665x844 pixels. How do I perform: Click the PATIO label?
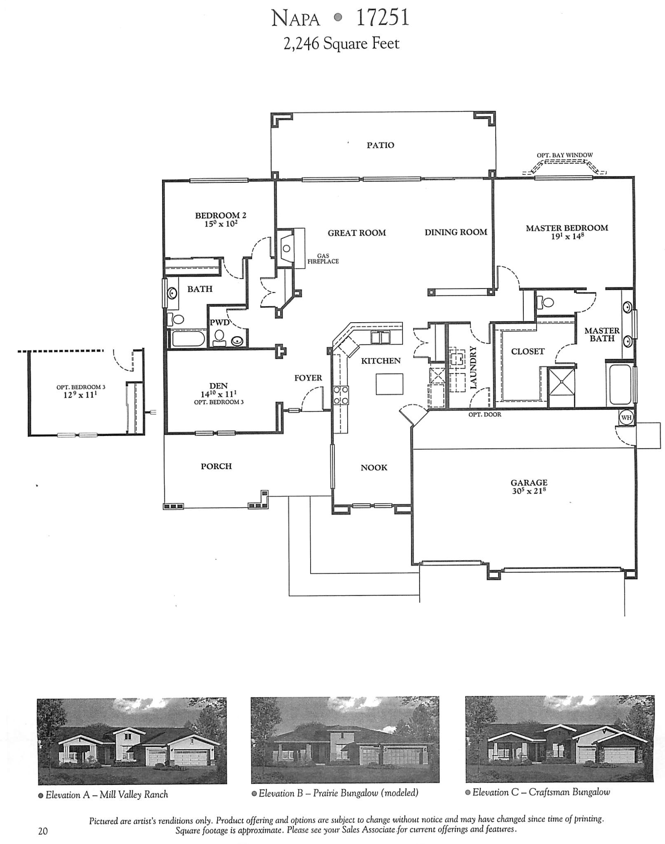coord(380,145)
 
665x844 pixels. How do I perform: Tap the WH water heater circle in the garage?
coord(625,418)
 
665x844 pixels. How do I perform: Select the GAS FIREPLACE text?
coord(323,259)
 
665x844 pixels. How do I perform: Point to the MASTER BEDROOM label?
coord(566,228)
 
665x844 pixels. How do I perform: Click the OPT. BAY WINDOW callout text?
coord(564,155)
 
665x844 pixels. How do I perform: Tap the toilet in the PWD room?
coord(218,338)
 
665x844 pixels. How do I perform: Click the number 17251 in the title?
coord(382,19)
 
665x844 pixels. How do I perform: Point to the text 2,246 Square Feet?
coord(341,44)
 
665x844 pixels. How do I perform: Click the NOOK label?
coord(374,468)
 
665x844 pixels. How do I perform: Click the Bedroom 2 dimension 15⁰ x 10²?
coord(221,224)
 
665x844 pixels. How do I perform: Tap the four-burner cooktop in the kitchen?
coord(340,395)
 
